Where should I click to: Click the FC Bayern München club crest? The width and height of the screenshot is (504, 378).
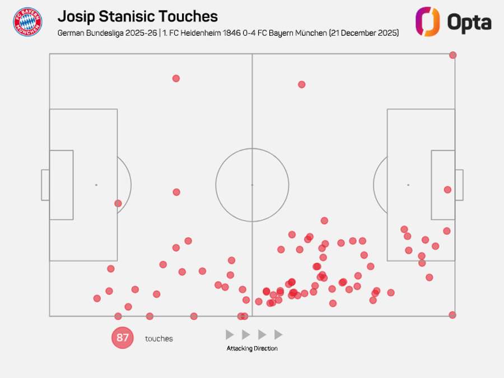click(x=27, y=22)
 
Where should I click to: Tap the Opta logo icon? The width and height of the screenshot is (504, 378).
click(x=427, y=22)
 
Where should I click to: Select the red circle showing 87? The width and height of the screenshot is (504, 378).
click(x=123, y=338)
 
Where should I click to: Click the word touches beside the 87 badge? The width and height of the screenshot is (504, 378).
click(x=159, y=339)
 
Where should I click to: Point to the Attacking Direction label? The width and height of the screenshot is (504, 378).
click(x=252, y=348)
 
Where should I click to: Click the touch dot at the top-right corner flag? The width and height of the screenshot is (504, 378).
click(x=452, y=55)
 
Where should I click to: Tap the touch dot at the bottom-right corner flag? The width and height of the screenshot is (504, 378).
click(x=452, y=315)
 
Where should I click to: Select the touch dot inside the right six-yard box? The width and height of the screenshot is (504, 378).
click(x=447, y=189)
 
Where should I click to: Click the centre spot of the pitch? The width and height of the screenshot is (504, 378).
click(x=252, y=185)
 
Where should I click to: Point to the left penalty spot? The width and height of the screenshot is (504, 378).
click(x=96, y=185)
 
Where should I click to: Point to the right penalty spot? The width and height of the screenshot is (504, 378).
click(x=408, y=185)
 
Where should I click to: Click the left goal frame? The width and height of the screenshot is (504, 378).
click(x=45, y=185)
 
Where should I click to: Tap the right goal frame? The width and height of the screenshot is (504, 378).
click(x=459, y=185)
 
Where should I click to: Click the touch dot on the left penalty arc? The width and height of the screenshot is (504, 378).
click(x=118, y=203)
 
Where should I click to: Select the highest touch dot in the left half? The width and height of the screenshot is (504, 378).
click(x=176, y=78)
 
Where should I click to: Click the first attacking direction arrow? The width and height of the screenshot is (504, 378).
click(x=230, y=335)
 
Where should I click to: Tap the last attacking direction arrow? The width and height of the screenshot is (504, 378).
click(x=278, y=335)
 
